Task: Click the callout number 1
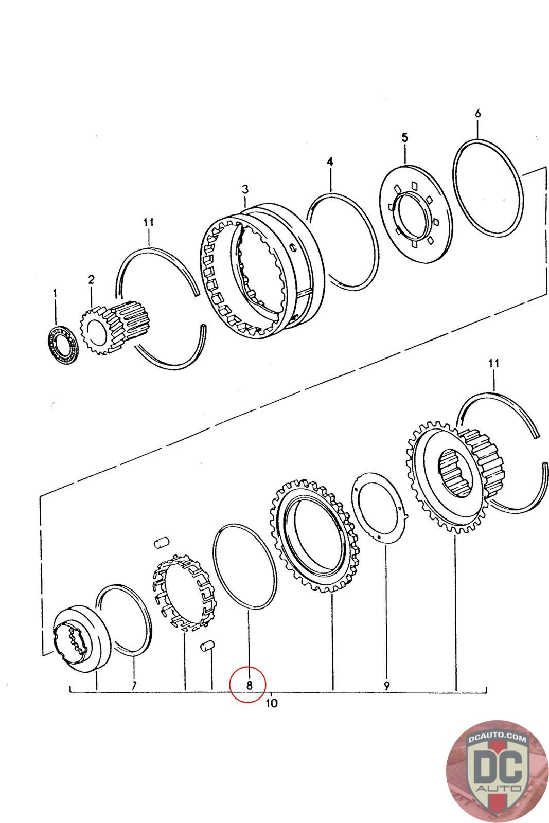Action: tap(55, 293)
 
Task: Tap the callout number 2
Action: tap(91, 280)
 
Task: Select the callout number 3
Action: tap(245, 190)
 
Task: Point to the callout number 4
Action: tap(330, 162)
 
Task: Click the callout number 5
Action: tap(404, 137)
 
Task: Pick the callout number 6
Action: tap(478, 114)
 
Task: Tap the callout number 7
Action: tap(134, 685)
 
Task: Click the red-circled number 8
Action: tap(249, 685)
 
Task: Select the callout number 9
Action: tap(387, 685)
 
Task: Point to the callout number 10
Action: tap(272, 703)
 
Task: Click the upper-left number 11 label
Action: tap(149, 223)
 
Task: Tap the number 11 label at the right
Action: tap(493, 364)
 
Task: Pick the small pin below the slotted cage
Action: tap(207, 646)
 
